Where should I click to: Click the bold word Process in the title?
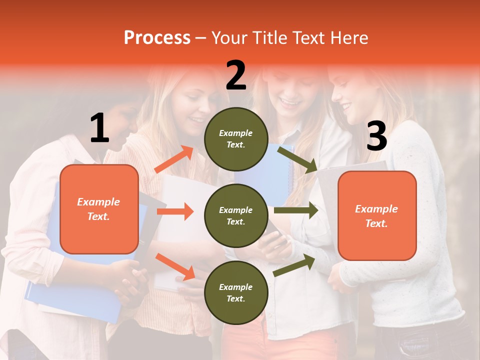[x=157, y=38]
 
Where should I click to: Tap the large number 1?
[x=99, y=128]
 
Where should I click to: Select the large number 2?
[x=236, y=75]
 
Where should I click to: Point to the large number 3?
[x=376, y=136]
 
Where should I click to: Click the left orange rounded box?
[x=99, y=209]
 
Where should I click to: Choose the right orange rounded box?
[x=377, y=215]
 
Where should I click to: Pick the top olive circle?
[x=236, y=139]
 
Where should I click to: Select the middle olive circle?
[x=236, y=215]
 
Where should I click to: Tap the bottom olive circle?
[x=236, y=292]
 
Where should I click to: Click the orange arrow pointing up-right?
[x=174, y=159]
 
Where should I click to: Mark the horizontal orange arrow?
[x=175, y=211]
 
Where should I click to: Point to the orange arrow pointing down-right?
[x=175, y=266]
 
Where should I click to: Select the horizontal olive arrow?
[x=296, y=210]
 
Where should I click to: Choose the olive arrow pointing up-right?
[x=294, y=265]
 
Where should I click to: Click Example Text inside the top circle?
[x=236, y=139]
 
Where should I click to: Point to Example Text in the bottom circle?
[x=236, y=292]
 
